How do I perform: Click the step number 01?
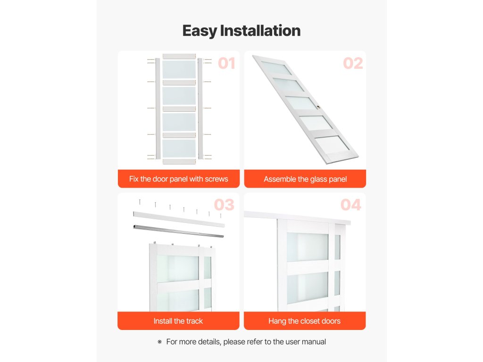[x=226, y=64]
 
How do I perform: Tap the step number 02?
[x=353, y=64]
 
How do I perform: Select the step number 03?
[x=224, y=205]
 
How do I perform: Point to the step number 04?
[x=350, y=205]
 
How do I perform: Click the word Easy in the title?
[x=200, y=31]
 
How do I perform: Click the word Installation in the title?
[x=260, y=31]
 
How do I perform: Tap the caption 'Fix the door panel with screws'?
[x=179, y=179]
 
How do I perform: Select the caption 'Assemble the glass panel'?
[x=305, y=179]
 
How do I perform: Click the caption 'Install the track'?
[x=178, y=321]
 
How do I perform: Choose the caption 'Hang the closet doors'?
[x=304, y=321]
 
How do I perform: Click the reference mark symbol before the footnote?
[x=159, y=342]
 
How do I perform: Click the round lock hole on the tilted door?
[x=318, y=107]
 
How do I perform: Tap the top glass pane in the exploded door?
[x=179, y=69]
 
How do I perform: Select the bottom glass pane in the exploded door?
[x=179, y=148]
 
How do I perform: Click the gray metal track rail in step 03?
[x=178, y=231]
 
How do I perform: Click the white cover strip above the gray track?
[x=179, y=219]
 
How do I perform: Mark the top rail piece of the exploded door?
[x=179, y=57]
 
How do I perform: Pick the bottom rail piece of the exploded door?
[x=179, y=161]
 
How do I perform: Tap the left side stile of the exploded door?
[x=158, y=108]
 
